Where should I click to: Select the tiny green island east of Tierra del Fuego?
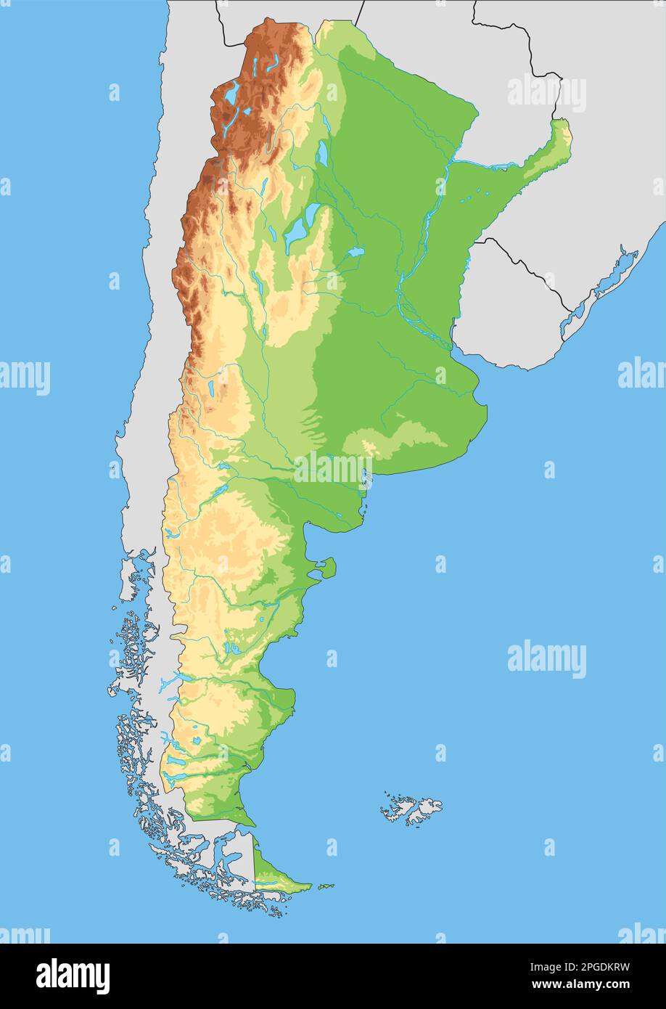326,886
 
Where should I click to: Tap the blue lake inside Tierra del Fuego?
270,883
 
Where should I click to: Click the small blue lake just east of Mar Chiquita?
355,253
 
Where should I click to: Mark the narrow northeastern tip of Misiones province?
562,134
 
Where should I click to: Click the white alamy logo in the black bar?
73,976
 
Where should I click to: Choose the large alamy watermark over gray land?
546,93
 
